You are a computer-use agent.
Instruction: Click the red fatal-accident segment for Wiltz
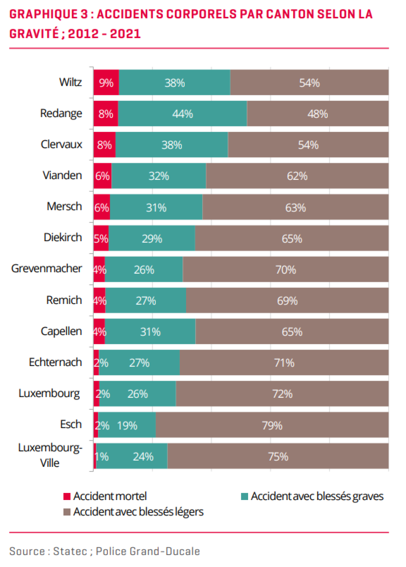(106, 83)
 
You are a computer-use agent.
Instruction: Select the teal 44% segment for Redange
(182, 114)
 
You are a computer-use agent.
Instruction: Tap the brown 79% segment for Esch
(272, 425)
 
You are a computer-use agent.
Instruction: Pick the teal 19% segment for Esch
(127, 425)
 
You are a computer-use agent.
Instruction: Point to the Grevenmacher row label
(46, 268)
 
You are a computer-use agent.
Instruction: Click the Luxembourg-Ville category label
(50, 455)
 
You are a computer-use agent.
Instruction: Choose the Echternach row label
(55, 362)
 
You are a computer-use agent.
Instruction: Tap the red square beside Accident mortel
(67, 496)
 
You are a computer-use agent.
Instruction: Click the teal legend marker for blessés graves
(244, 496)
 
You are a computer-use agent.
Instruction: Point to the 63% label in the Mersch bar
(296, 208)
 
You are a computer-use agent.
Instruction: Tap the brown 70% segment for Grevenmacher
(286, 269)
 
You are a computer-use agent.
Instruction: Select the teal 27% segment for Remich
(146, 301)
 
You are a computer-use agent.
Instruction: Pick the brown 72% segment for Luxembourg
(282, 394)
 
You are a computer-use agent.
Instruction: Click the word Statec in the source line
(70, 551)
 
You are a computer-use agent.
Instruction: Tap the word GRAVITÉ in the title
(34, 34)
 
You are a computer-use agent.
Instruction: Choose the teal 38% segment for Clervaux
(172, 145)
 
